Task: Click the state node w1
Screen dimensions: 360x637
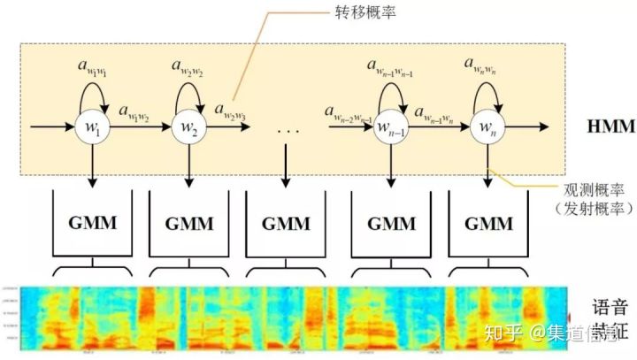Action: pos(92,127)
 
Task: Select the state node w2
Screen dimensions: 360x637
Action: pos(188,127)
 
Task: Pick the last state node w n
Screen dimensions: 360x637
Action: pos(487,127)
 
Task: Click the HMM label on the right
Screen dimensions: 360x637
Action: pos(610,126)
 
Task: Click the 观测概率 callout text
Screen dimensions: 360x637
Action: pos(591,188)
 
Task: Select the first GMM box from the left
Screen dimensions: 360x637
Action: pos(92,224)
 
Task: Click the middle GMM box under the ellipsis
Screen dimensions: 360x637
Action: pos(285,224)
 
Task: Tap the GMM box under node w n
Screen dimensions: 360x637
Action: pos(488,224)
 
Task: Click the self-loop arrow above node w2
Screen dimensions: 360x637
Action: pos(188,90)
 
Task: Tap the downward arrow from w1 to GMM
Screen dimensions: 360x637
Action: pos(92,164)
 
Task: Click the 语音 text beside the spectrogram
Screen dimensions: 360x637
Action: pos(609,309)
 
